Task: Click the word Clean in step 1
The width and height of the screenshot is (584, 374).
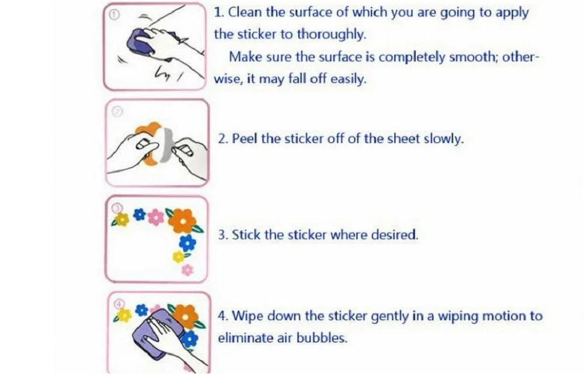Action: [x=244, y=12]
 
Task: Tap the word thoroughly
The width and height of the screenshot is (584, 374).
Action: [x=332, y=34]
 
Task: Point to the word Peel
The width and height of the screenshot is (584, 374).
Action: [x=244, y=138]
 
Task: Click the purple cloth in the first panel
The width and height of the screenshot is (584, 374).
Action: [x=140, y=43]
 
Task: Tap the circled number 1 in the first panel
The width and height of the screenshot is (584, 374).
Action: [x=114, y=15]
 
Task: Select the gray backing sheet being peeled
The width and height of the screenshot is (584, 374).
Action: [x=167, y=146]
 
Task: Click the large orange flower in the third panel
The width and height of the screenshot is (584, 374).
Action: [x=182, y=220]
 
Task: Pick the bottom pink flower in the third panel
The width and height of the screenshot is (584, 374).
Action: [x=187, y=270]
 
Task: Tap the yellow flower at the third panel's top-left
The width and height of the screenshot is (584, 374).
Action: [x=122, y=220]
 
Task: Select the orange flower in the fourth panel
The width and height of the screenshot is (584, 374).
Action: [x=186, y=317]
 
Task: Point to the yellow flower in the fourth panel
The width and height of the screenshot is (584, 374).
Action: [x=124, y=316]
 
